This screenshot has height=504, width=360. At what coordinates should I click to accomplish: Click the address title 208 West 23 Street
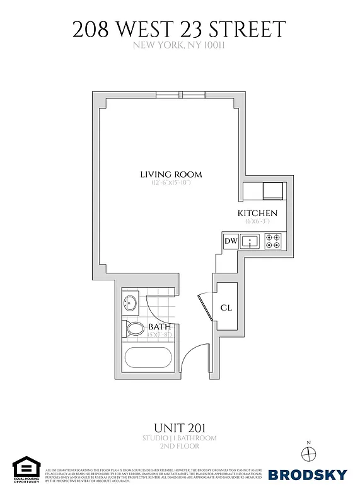180,30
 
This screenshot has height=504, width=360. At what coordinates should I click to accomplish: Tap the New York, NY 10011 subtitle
180,45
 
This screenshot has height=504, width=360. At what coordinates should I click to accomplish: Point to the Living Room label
170,175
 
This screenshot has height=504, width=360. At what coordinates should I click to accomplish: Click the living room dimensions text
170,183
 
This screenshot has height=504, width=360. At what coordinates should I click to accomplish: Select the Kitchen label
257,214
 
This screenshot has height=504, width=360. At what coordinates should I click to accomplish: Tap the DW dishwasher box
231,241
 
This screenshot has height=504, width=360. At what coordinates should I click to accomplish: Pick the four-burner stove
273,241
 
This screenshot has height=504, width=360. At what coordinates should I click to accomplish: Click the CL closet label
227,308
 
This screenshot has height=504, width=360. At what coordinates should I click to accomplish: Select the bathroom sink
131,304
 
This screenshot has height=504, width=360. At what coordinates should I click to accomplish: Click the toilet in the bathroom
134,329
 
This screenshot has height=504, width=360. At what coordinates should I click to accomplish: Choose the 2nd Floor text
180,446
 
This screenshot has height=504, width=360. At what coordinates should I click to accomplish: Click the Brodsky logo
308,474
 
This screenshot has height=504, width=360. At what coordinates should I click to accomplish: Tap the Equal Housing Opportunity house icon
26,466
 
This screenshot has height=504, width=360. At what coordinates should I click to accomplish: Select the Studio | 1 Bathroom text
180,437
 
